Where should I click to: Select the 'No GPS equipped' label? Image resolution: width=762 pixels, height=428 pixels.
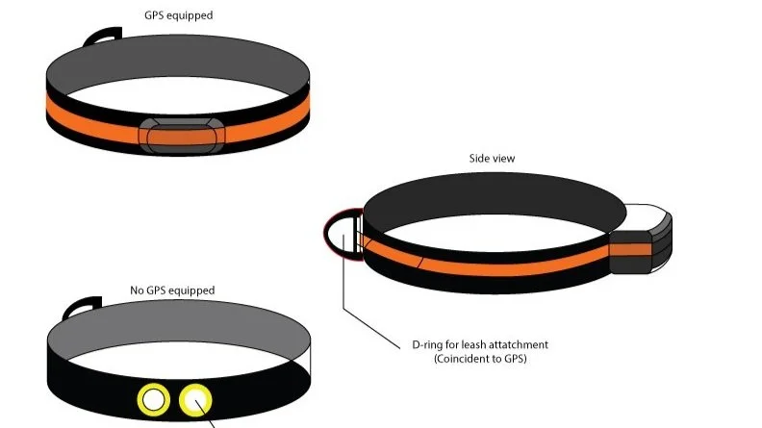coord(172,290)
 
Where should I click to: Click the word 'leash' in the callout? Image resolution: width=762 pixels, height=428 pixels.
coord(470,344)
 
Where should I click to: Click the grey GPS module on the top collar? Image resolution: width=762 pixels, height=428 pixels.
coord(182,136)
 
